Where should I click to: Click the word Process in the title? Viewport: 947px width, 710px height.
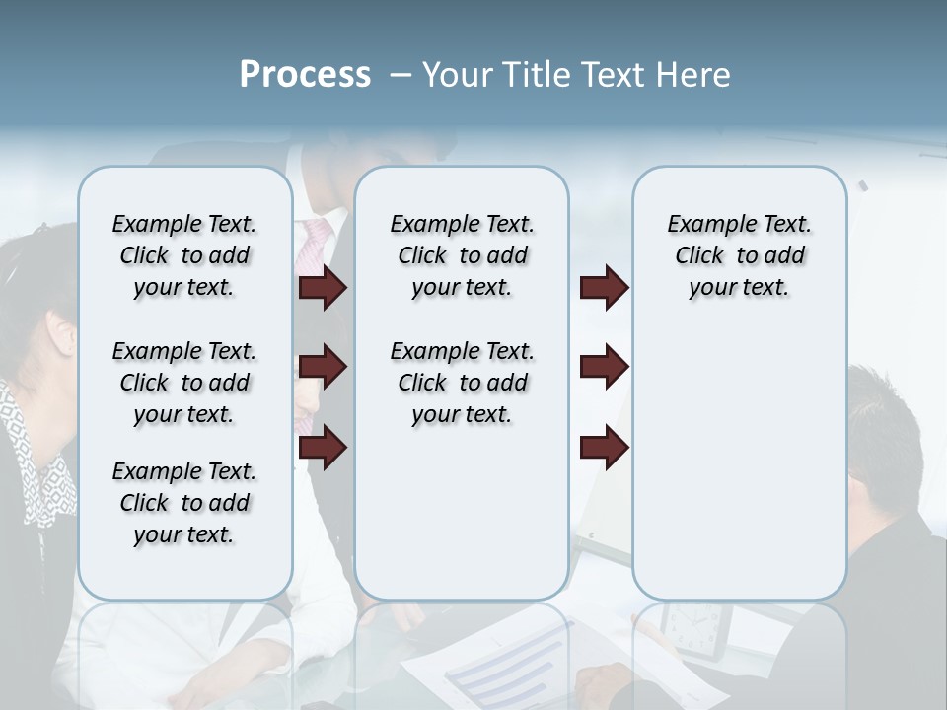305,75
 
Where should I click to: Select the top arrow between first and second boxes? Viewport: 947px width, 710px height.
323,288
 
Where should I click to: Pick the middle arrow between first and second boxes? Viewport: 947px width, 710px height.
323,367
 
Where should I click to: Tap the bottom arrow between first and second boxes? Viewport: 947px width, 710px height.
323,447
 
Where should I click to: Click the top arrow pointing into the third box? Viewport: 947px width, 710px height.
604,288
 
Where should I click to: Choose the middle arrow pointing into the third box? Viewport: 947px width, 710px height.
604,367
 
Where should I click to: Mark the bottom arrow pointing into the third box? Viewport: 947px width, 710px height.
604,447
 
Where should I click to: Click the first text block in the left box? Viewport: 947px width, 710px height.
184,255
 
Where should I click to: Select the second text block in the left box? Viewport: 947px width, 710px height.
184,383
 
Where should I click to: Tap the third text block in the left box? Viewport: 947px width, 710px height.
184,503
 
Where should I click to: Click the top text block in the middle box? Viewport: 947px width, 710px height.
462,255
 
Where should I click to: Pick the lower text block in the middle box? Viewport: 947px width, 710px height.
462,383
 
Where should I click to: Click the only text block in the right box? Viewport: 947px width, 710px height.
739,255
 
